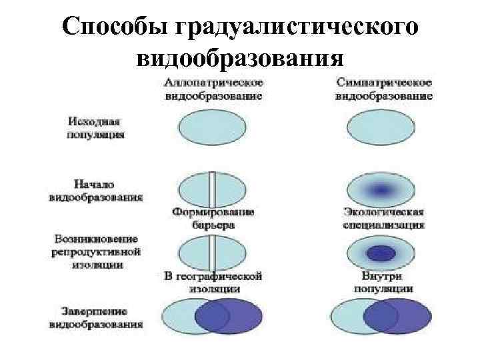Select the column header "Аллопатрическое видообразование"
tap(213, 89)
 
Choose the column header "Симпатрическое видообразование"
tap(384, 89)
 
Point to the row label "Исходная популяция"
tap(96, 128)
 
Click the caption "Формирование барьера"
tap(213, 218)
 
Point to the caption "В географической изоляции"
tap(213, 281)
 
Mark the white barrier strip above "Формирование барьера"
tap(211, 189)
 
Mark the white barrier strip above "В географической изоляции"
tap(211, 252)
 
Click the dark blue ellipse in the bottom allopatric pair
tap(233, 317)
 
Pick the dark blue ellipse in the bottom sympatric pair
tap(403, 317)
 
